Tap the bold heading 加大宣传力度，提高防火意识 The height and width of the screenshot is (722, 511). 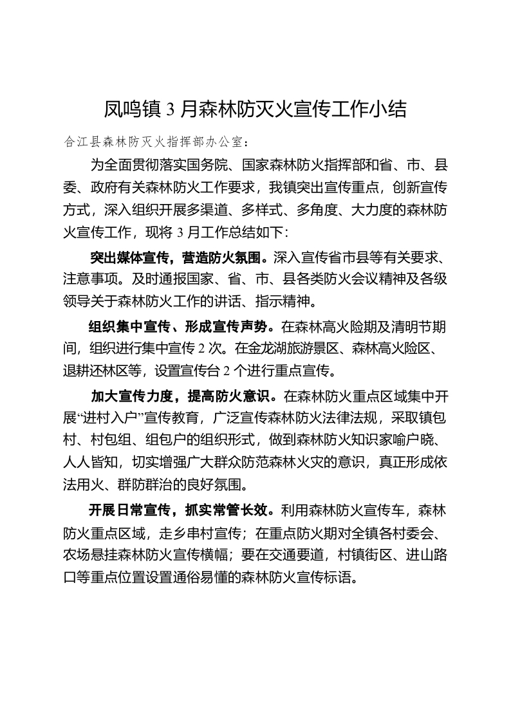pyautogui.click(x=183, y=394)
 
